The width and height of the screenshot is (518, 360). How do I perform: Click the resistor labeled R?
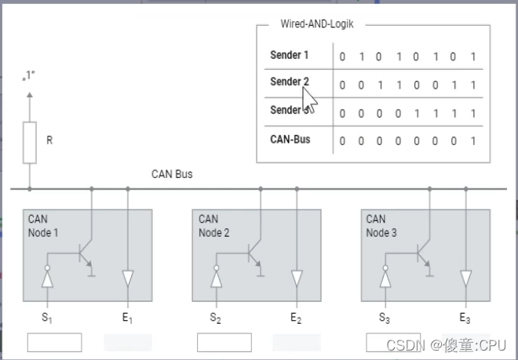(30, 143)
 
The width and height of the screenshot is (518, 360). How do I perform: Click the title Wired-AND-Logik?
(317, 24)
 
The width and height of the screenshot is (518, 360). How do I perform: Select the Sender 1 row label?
(290, 55)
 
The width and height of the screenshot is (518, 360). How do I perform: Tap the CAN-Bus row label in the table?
(290, 140)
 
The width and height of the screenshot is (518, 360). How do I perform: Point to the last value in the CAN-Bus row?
(473, 141)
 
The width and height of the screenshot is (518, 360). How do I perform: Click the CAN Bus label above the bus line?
(172, 174)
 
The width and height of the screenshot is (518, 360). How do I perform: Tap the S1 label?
(47, 318)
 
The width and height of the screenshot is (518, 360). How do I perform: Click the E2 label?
(296, 318)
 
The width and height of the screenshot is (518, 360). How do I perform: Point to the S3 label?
(385, 318)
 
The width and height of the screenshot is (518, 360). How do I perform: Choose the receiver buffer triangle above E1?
(128, 278)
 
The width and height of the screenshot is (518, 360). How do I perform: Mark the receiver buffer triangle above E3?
(465, 278)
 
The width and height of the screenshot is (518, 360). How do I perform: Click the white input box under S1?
(54, 343)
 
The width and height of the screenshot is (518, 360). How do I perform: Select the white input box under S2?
(224, 343)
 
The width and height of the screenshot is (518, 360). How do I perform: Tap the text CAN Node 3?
(381, 226)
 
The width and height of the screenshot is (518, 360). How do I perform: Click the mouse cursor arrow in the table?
(309, 100)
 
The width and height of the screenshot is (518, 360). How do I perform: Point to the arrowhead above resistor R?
(30, 95)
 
